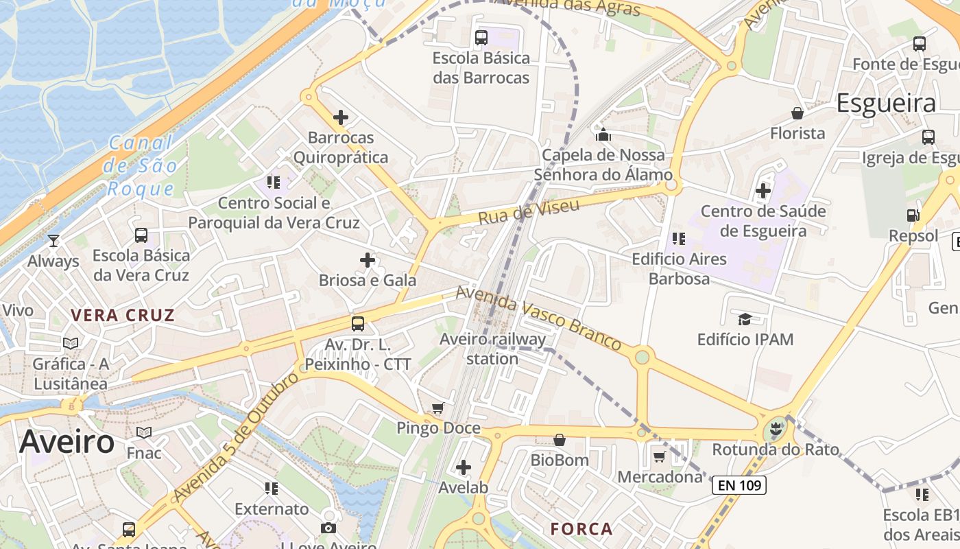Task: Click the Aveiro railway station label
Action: [492, 349]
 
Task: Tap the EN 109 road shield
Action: [739, 486]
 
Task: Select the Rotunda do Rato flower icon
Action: [776, 430]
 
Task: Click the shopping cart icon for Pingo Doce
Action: [438, 408]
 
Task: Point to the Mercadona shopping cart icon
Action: [659, 456]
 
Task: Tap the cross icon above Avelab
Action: [464, 468]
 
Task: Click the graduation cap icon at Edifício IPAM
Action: [745, 319]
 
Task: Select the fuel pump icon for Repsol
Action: [913, 215]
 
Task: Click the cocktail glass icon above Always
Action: [53, 241]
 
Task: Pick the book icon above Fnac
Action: [144, 432]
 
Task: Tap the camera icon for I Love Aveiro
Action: [328, 528]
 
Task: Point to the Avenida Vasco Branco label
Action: [539, 317]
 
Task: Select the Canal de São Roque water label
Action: [142, 166]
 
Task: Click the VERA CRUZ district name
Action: [123, 316]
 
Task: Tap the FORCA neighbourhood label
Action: [581, 529]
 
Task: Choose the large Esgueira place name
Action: [886, 103]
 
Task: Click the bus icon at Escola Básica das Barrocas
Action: [481, 38]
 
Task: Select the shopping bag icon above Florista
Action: [797, 113]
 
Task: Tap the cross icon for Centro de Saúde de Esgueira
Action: [763, 191]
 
